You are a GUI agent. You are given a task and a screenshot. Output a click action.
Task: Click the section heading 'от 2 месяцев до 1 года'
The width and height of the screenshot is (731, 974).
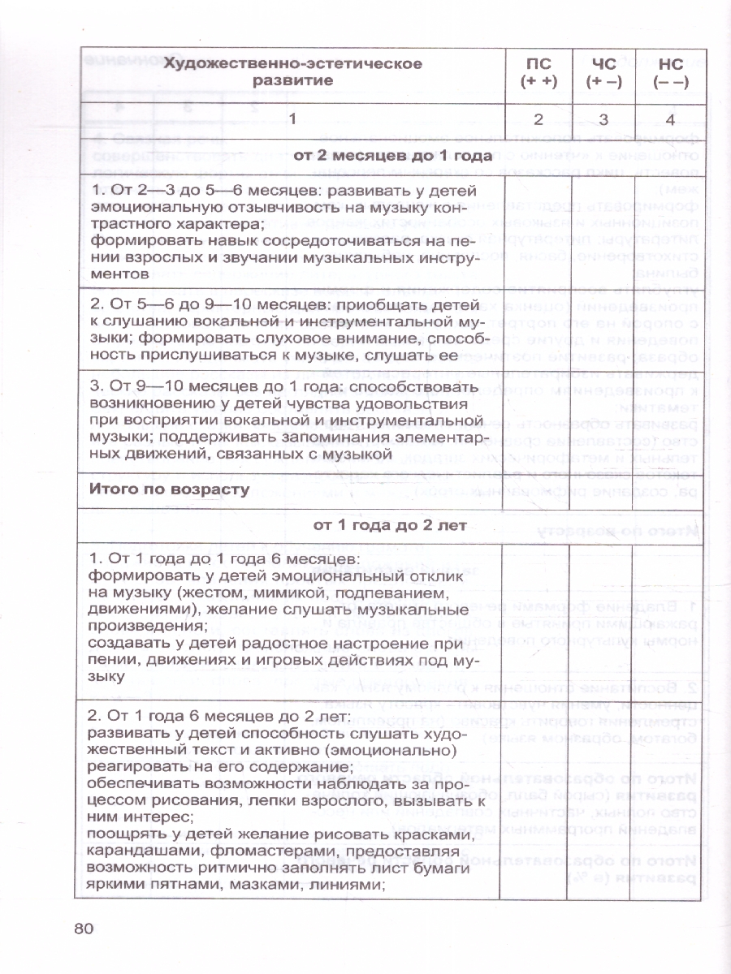393,155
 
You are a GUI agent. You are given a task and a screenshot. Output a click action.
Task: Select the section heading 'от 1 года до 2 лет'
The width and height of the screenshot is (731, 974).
390,524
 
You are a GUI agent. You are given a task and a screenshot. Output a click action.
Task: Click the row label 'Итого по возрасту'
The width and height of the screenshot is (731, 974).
169,489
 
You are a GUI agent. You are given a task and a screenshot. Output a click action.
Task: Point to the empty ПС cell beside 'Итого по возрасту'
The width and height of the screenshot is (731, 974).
539,489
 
